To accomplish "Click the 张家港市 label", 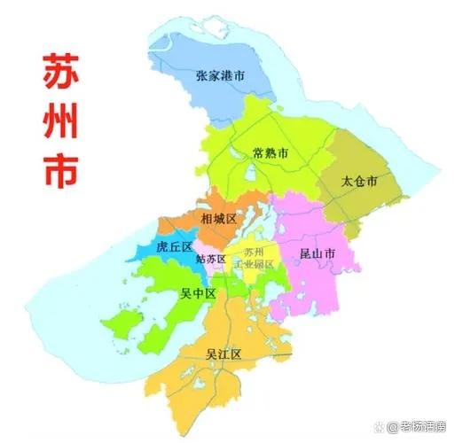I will click(233, 76).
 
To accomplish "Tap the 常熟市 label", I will click(270, 152).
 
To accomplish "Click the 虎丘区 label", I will click(174, 247).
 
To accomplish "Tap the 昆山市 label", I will click(317, 254).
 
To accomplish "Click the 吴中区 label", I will click(198, 293).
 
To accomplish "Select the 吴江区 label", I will click(224, 354).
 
